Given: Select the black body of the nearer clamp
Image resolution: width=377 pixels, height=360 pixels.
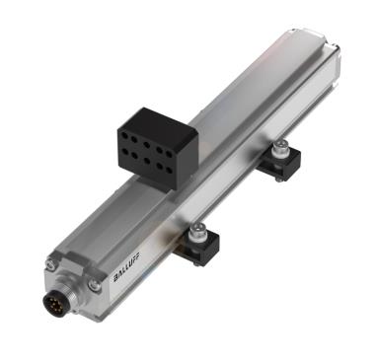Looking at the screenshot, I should click(x=202, y=255).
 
